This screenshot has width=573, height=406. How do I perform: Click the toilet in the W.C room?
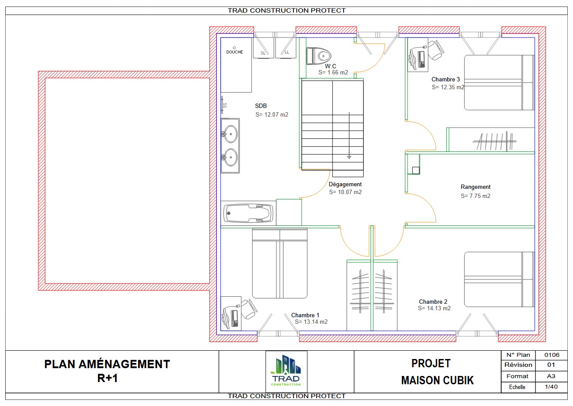[x=319, y=56]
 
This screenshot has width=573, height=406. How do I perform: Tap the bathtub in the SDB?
[x=248, y=213]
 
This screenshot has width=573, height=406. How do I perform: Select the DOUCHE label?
[x=235, y=52]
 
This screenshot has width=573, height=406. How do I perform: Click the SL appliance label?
[x=263, y=53]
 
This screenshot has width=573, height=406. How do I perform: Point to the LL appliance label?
[x=287, y=52]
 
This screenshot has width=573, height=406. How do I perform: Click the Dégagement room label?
[x=345, y=185]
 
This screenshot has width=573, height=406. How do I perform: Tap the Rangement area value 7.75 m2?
[x=475, y=196]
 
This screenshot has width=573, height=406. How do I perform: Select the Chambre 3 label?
[x=445, y=79]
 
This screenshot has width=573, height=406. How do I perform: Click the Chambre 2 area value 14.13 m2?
[x=435, y=309]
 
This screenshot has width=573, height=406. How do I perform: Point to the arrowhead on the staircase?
[x=349, y=157]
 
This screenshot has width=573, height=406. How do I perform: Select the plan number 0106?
[x=552, y=355]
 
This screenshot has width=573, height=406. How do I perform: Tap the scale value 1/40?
[x=551, y=386]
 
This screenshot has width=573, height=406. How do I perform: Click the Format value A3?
[x=551, y=376]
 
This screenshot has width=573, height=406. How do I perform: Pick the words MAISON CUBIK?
[x=438, y=380]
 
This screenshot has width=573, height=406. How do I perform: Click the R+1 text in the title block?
[x=108, y=378]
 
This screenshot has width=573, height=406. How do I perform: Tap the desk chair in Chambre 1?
[x=249, y=309]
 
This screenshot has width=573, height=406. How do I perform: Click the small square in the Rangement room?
[x=416, y=170]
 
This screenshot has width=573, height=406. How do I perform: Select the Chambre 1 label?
[x=305, y=315]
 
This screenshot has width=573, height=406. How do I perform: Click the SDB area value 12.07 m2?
[x=272, y=114]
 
